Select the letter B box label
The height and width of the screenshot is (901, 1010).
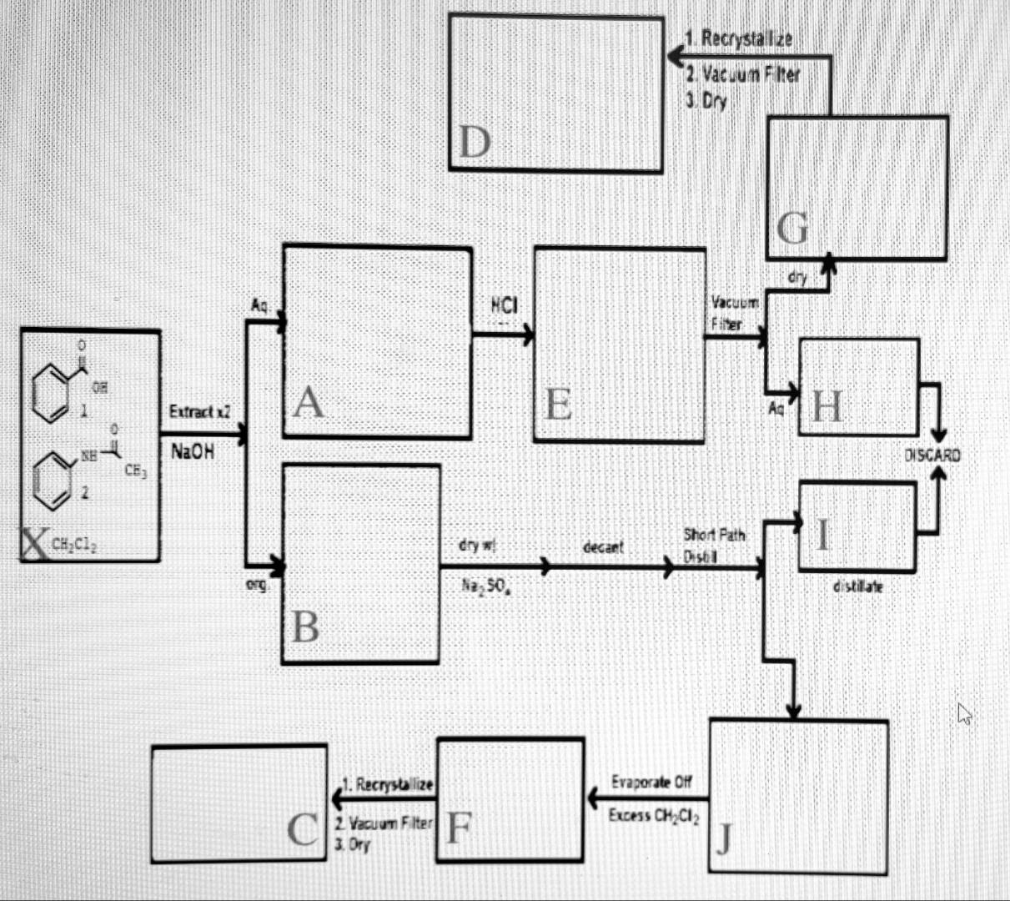pyautogui.click(x=306, y=627)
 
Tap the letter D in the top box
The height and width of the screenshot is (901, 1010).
pyautogui.click(x=474, y=143)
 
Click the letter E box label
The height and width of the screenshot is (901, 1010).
pyautogui.click(x=558, y=405)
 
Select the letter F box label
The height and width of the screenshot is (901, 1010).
pyautogui.click(x=459, y=828)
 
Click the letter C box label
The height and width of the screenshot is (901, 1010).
pyautogui.click(x=302, y=830)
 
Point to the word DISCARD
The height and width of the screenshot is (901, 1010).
pyautogui.click(x=932, y=456)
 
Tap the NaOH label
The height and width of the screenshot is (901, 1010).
pyautogui.click(x=192, y=452)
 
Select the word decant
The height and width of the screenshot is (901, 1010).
pyautogui.click(x=602, y=547)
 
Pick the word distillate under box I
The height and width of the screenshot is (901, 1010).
pyautogui.click(x=857, y=587)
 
